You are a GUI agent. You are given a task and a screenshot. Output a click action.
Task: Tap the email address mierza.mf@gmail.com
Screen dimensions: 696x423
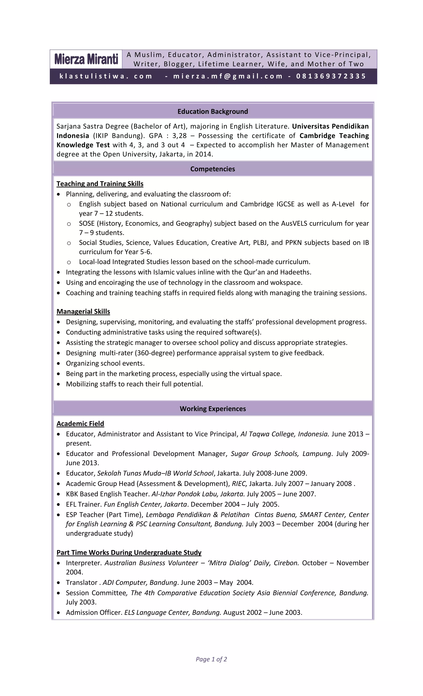coord(228,76)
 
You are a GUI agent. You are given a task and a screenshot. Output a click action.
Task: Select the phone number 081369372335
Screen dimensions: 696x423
coord(331,76)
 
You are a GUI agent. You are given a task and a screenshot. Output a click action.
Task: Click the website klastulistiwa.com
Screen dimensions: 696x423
coord(106,76)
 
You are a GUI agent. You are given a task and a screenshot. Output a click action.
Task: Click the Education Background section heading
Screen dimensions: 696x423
coord(213,112)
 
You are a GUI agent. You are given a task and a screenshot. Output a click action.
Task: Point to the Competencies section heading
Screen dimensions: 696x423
coord(213,169)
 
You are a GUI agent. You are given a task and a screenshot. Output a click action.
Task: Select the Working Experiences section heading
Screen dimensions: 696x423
coord(213,409)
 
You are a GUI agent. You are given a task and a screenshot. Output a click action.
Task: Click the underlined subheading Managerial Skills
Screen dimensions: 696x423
coord(83,312)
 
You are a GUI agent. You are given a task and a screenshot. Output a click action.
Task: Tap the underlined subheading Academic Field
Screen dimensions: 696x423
coord(80,424)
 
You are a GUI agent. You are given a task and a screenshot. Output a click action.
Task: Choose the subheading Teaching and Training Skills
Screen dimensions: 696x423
coord(100,184)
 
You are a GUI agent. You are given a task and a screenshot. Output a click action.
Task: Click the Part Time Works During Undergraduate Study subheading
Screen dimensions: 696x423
coord(129,553)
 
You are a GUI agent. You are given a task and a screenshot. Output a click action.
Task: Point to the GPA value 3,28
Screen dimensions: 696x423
coord(179,136)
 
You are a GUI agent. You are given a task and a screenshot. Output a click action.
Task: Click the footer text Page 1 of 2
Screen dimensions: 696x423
coord(211,659)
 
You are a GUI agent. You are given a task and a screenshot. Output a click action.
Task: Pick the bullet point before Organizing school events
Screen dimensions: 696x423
coord(58,364)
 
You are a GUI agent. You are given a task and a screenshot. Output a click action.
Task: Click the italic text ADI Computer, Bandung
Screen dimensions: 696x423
coord(140,583)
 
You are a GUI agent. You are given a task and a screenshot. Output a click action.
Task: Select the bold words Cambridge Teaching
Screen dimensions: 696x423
coord(334,136)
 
